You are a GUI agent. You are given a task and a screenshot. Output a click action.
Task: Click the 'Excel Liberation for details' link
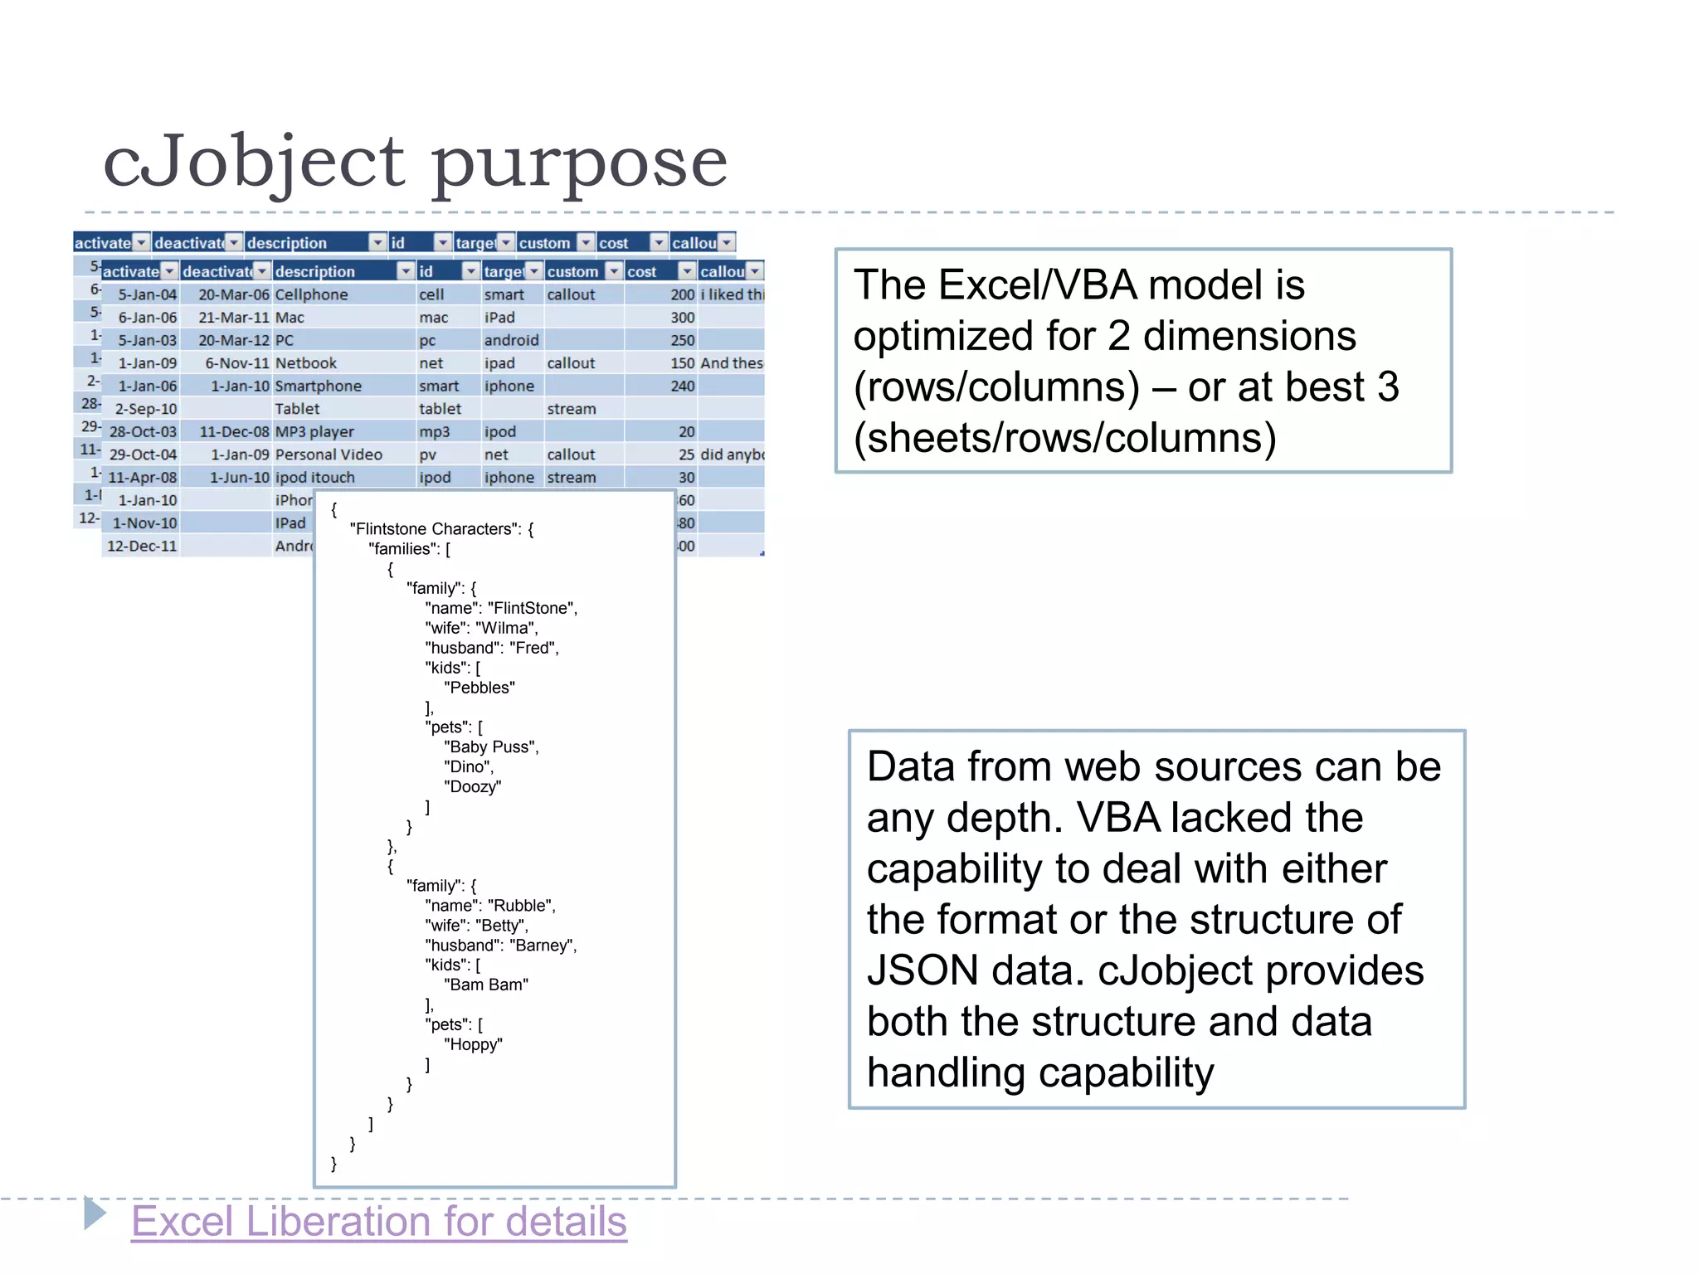click(x=379, y=1222)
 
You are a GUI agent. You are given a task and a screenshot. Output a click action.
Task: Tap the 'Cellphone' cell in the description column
click(x=312, y=294)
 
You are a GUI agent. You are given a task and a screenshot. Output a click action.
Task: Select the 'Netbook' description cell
click(x=306, y=363)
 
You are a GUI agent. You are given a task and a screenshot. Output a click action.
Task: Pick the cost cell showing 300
click(x=682, y=318)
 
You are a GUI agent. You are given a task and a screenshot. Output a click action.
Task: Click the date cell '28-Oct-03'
click(x=143, y=432)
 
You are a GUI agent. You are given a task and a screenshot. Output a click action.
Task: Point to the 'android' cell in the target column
click(x=511, y=340)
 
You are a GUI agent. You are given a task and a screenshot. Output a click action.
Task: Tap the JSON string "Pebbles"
click(x=480, y=688)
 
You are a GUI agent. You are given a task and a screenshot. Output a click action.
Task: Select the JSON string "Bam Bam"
click(x=486, y=985)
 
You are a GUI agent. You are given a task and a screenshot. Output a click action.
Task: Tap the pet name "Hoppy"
click(x=473, y=1045)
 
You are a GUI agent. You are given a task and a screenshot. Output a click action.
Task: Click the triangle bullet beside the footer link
click(x=95, y=1213)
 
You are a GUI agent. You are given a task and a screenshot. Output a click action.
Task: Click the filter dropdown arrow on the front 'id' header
click(x=470, y=271)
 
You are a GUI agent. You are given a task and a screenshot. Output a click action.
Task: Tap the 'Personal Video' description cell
click(x=329, y=455)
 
